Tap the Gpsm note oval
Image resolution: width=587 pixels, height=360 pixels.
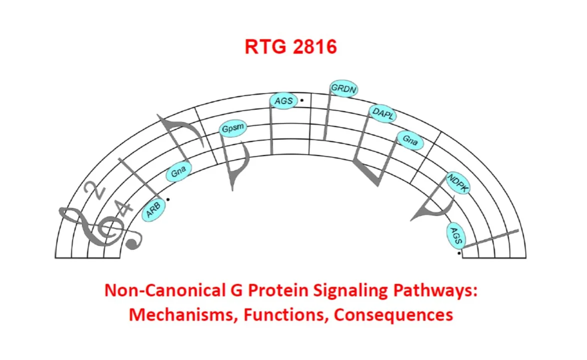[233, 129]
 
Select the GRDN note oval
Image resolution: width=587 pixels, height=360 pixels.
[344, 89]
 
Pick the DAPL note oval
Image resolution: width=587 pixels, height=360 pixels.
[383, 113]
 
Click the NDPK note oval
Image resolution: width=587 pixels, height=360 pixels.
[458, 183]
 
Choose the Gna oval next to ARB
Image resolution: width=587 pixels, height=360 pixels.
[178, 172]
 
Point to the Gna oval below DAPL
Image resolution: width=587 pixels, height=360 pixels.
[410, 140]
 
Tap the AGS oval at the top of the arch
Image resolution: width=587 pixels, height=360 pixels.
[284, 101]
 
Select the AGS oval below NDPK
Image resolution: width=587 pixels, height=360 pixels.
[456, 235]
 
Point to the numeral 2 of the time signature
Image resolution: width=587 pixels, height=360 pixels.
[94, 190]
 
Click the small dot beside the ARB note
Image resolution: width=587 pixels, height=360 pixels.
[168, 199]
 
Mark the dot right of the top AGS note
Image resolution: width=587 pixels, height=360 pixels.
[302, 100]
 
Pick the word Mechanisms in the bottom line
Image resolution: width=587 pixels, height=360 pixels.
[183, 315]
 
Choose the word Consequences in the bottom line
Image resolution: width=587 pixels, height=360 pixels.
[393, 315]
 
